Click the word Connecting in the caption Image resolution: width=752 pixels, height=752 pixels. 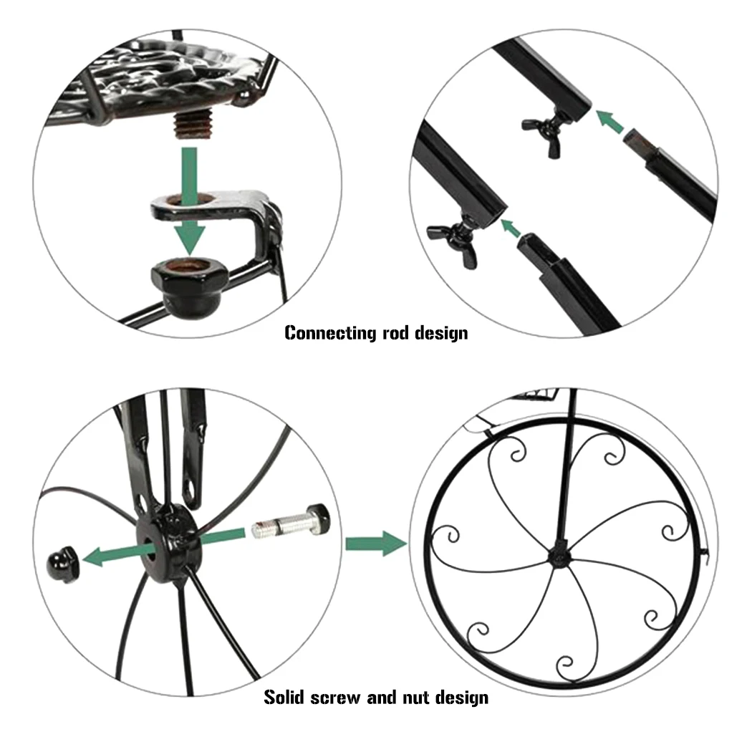(x=330, y=332)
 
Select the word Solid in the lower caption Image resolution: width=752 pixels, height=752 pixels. (x=284, y=697)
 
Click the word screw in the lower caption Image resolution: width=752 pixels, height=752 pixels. (x=335, y=698)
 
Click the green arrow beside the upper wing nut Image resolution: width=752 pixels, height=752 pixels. (x=609, y=121)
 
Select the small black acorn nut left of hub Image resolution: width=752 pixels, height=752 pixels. (x=64, y=564)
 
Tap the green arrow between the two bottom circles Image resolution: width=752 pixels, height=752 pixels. (x=376, y=544)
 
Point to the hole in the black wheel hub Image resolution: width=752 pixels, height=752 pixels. (x=150, y=549)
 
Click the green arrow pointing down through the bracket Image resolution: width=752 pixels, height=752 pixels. (x=190, y=201)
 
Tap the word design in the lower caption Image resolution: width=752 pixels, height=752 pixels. (x=461, y=698)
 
